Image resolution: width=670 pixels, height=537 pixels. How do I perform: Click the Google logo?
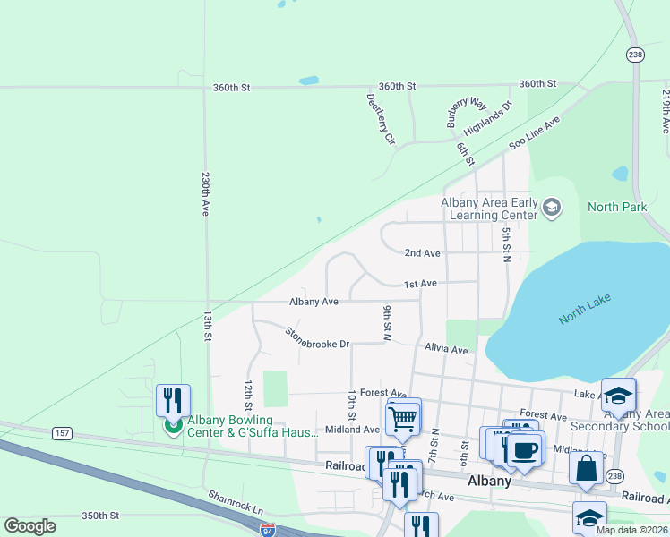30,526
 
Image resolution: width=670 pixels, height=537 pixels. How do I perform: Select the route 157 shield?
62,433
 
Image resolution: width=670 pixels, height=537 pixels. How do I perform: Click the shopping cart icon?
402,417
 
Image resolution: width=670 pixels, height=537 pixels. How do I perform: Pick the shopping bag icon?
586,467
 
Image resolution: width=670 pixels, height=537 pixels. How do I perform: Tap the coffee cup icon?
526,449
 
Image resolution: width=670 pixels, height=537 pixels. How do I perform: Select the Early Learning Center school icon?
551,209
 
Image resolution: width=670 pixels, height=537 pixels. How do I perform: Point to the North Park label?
616,207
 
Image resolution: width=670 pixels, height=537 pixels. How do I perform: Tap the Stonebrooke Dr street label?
316,337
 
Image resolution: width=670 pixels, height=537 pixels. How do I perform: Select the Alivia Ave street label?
446,349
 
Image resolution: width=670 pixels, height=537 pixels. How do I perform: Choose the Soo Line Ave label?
534,132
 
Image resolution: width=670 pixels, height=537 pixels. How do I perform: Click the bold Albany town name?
489,481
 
